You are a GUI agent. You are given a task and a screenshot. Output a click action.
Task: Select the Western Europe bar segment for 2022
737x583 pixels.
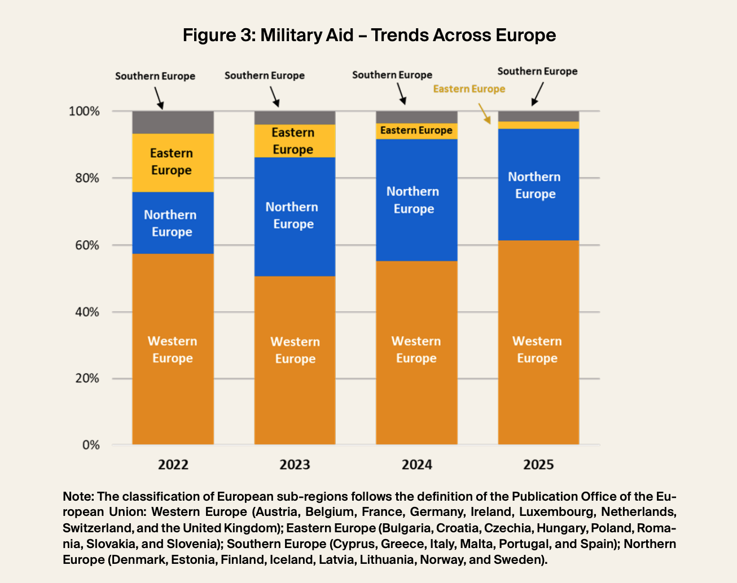[x=173, y=350]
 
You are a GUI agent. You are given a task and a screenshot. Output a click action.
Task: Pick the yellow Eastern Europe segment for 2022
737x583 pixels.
[x=173, y=162]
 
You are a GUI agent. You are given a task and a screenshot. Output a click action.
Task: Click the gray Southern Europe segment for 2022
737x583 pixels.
[x=173, y=122]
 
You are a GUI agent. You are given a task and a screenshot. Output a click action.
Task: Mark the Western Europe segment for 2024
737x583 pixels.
[x=416, y=350]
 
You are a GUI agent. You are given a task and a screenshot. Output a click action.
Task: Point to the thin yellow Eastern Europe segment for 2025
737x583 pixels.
[x=538, y=125]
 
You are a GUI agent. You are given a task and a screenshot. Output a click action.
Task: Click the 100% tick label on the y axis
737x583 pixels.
[x=84, y=111]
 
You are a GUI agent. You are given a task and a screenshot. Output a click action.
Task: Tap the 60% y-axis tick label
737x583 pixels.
[x=87, y=245]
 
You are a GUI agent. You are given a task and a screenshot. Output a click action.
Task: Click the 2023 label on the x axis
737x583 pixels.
[x=295, y=465]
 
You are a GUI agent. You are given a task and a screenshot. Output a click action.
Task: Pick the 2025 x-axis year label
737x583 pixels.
[x=538, y=465]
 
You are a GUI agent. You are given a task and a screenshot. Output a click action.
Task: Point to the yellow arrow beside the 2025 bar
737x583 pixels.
[x=484, y=113]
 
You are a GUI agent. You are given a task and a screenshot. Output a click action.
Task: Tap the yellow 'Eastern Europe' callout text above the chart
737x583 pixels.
[x=469, y=89]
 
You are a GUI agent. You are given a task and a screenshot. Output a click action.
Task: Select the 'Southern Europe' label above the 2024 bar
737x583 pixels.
[x=392, y=75]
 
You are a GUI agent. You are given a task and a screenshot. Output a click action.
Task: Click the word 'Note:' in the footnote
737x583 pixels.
[x=78, y=497]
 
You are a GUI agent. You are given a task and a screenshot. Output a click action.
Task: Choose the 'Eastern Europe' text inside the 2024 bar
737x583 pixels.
[x=416, y=131]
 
